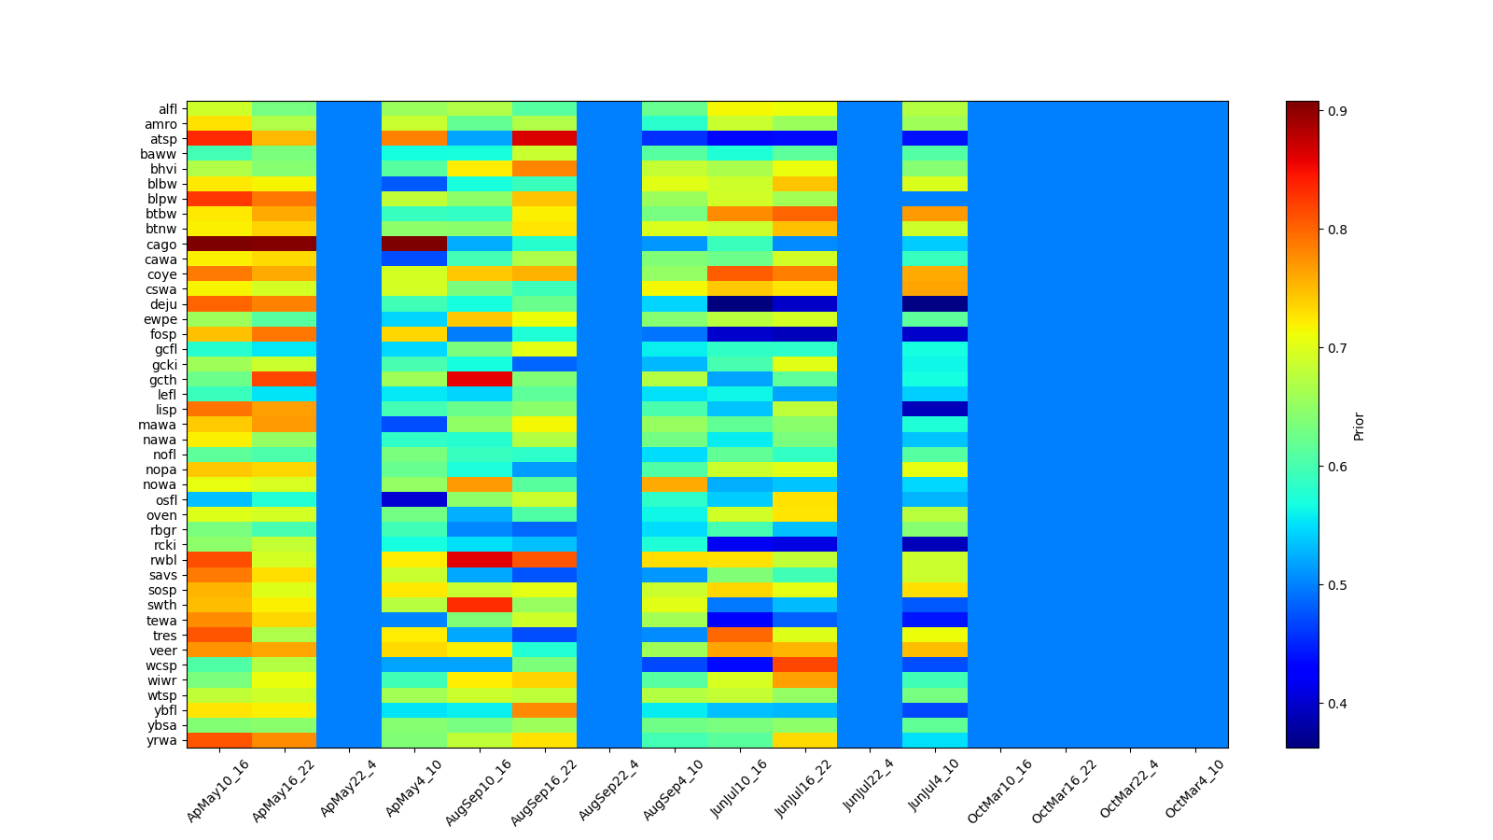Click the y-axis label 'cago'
click(161, 245)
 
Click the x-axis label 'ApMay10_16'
click(218, 790)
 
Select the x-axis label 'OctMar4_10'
click(1194, 790)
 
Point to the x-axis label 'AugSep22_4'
click(608, 790)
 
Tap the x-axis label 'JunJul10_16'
click(739, 790)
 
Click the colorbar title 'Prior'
click(1359, 426)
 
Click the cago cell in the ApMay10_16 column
click(219, 245)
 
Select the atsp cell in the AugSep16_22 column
click(544, 139)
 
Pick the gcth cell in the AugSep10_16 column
click(480, 380)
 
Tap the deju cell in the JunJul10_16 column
click(740, 304)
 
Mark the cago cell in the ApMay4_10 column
click(414, 245)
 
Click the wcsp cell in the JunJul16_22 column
click(804, 665)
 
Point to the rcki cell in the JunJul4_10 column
click(935, 545)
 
